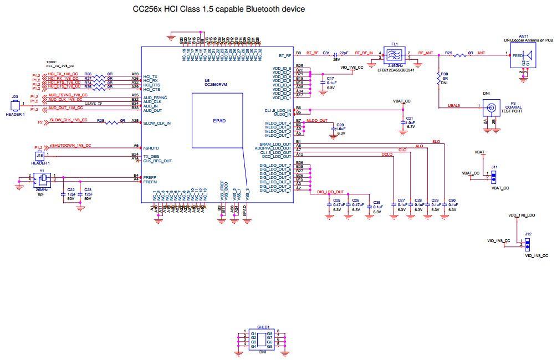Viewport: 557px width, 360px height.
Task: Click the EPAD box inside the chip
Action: [x=218, y=120]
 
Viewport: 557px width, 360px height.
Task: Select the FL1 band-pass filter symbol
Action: [x=396, y=54]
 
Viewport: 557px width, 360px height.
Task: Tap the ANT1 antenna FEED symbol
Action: [x=523, y=55]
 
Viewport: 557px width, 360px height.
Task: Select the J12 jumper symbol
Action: [x=528, y=244]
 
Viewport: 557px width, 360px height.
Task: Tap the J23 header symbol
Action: [x=16, y=104]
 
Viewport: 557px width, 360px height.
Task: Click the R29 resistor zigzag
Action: [x=459, y=55]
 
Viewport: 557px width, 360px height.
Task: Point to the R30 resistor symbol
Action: [x=438, y=78]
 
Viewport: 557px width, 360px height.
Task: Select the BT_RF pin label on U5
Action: [x=285, y=55]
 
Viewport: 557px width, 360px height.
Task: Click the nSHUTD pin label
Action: [x=151, y=148]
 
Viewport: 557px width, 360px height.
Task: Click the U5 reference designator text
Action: [x=207, y=80]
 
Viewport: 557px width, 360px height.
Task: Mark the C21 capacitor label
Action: [x=410, y=118]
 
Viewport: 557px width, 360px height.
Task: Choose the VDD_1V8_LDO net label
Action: [x=522, y=214]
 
